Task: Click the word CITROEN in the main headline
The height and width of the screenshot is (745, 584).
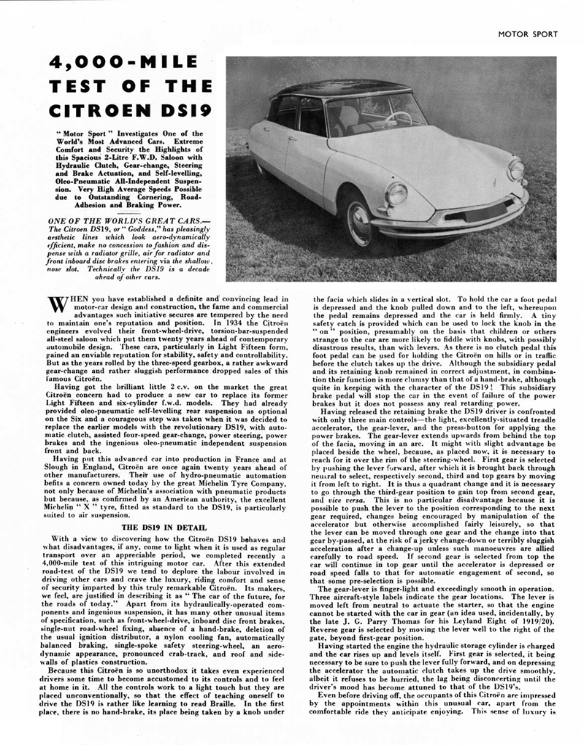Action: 96,112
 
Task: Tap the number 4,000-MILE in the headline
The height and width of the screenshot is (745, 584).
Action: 114,63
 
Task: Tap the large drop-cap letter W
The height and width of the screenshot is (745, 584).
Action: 55,303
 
